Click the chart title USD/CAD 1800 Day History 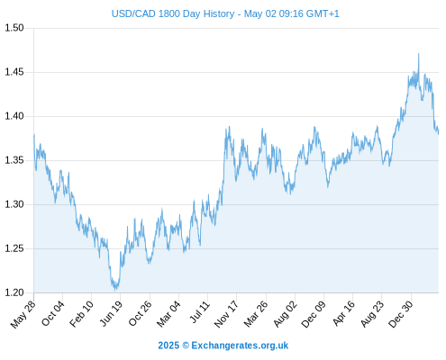[173, 13]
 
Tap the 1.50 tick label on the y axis [14, 28]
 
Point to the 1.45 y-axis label [14, 72]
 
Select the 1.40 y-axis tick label [14, 116]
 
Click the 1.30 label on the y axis [14, 204]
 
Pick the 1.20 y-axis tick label [14, 292]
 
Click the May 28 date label [23, 314]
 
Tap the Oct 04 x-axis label [53, 313]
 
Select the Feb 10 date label [81, 314]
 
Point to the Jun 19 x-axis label [111, 313]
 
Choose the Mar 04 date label [168, 314]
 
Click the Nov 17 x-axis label [226, 314]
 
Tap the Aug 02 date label [285, 314]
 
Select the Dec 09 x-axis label [314, 314]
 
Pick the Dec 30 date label [401, 314]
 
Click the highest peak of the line [418, 54]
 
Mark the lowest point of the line [115, 290]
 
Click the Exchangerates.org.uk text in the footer [240, 346]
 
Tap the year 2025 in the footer [168, 346]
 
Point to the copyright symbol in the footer [186, 346]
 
